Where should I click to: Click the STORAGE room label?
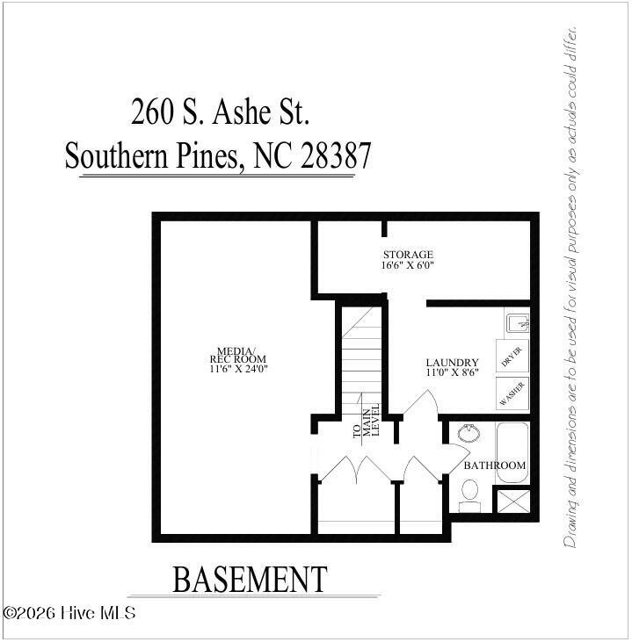(408, 255)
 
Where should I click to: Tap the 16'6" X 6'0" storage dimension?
(407, 265)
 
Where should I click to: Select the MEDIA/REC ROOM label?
(237, 355)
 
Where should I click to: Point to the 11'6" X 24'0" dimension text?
(238, 369)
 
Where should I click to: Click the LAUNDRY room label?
(452, 363)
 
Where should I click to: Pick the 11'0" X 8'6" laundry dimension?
(452, 372)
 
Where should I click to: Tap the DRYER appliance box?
(512, 356)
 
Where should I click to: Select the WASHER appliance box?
(512, 393)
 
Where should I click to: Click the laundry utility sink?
(518, 323)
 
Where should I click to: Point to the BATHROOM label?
(494, 465)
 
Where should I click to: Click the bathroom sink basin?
(469, 433)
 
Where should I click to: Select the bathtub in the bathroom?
(512, 453)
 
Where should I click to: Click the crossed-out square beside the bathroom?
(513, 501)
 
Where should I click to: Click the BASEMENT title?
(250, 580)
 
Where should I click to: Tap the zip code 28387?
(336, 155)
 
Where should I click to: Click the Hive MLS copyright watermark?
(69, 613)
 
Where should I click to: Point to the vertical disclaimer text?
(570, 286)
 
